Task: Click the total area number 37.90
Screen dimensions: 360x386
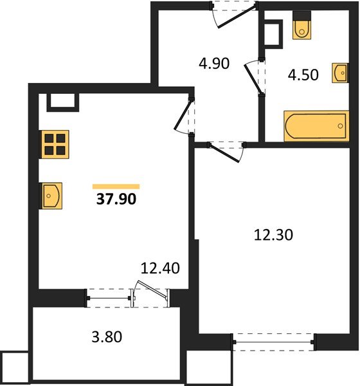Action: (x=116, y=199)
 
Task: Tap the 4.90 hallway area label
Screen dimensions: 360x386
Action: (x=214, y=63)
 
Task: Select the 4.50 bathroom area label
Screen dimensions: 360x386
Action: (x=303, y=75)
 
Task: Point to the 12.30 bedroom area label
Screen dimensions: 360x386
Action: (x=273, y=235)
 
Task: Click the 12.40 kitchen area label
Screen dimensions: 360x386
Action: (x=160, y=268)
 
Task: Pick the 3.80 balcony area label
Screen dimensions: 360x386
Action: (x=107, y=336)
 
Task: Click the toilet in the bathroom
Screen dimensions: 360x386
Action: (x=301, y=25)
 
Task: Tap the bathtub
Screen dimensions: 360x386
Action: (x=316, y=126)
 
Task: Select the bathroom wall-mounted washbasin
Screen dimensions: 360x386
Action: (x=340, y=73)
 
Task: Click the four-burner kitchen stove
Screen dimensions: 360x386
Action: (x=55, y=144)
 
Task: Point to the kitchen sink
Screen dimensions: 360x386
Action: (x=51, y=196)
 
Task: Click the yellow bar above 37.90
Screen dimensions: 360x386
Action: (x=116, y=187)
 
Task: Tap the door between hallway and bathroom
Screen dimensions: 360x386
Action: (x=253, y=77)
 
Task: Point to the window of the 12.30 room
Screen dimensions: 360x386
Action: (x=273, y=342)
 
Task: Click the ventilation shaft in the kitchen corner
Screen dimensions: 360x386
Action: (x=63, y=102)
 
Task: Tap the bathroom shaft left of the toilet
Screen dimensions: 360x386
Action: (x=273, y=34)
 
